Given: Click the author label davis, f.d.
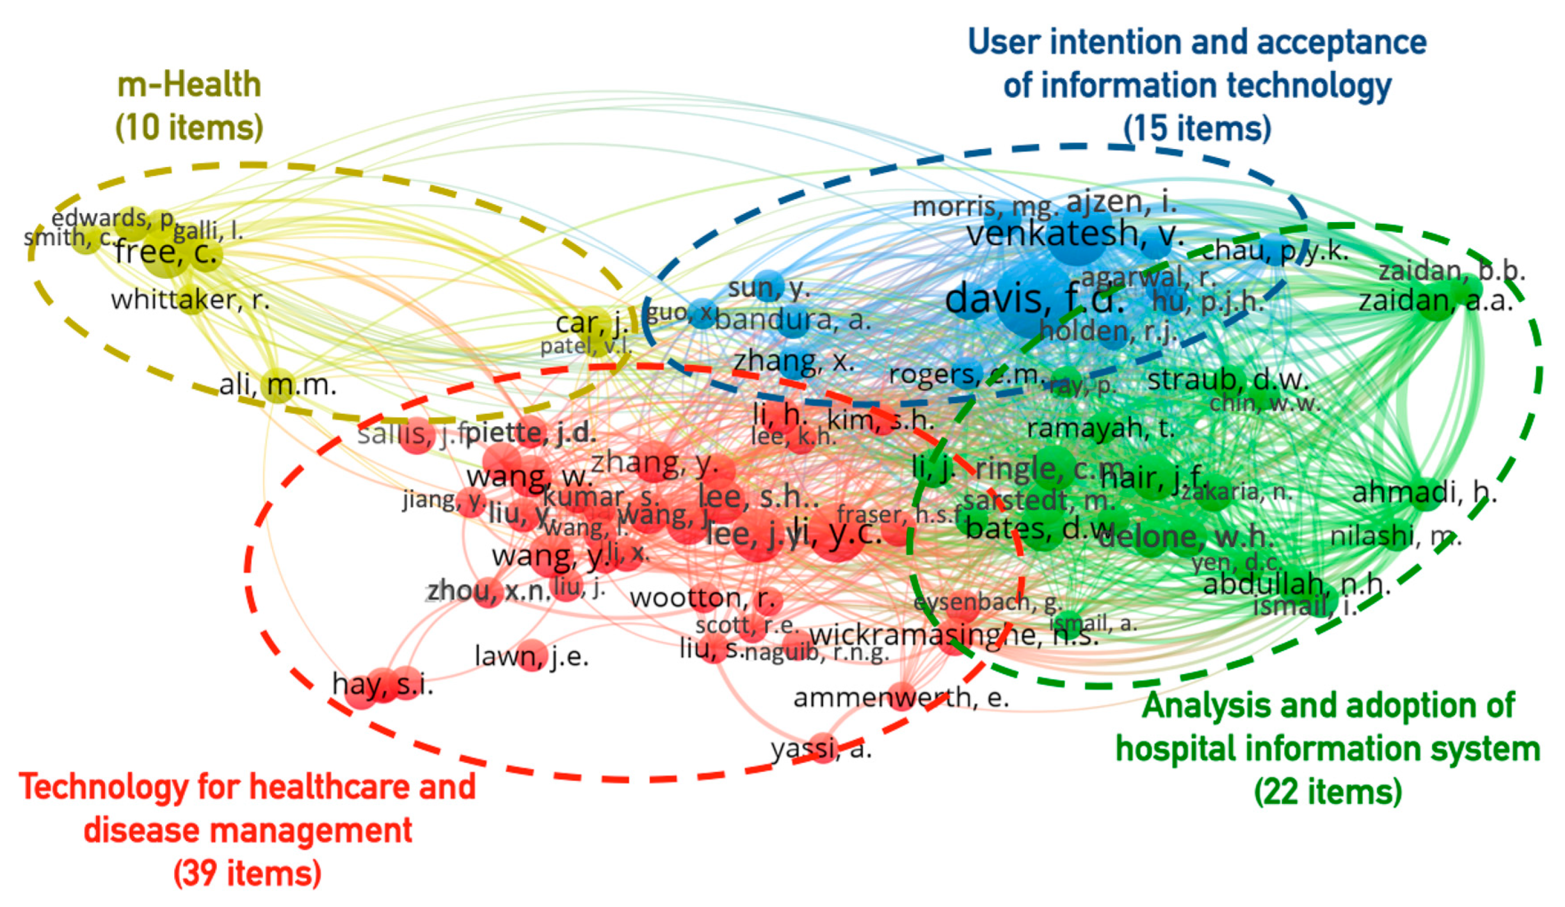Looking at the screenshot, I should point(1034,300).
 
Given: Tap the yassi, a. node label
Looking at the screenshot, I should point(822,750).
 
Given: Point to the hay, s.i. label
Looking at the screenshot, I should point(383,685).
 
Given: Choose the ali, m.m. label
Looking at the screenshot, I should point(278,385).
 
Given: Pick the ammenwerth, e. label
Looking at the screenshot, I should point(901,698).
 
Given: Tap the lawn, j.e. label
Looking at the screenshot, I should point(531,655).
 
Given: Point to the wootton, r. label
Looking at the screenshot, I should point(705,598).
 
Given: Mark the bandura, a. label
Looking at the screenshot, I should point(793,320).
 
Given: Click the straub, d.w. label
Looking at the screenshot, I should point(1228,380).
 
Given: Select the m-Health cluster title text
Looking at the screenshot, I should point(189,85).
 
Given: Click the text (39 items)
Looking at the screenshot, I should point(247,873).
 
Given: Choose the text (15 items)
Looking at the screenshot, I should point(1197,128).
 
